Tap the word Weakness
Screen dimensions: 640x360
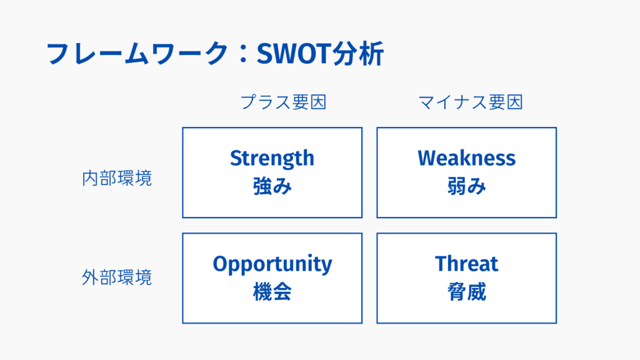pos(466,158)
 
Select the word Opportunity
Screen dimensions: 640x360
pos(272,265)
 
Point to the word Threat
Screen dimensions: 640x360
pos(466,264)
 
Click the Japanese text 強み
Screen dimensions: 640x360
pos(272,186)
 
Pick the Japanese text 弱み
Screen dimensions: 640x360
pos(466,186)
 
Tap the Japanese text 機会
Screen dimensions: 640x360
pos(272,292)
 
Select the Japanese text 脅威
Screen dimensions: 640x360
pos(466,292)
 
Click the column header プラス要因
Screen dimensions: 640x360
pos(283,102)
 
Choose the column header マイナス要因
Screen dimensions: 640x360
pos(471,102)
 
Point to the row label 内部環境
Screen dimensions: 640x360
pos(117,178)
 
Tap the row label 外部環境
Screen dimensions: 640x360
pos(117,277)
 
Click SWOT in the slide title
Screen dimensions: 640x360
pos(294,54)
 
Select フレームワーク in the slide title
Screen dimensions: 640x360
pos(137,54)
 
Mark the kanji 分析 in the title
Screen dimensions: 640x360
pos(358,54)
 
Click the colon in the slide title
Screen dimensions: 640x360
pos(243,54)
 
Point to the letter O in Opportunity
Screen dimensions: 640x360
pos(221,264)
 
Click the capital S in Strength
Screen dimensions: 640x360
pos(236,158)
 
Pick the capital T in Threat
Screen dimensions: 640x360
pos(442,264)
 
